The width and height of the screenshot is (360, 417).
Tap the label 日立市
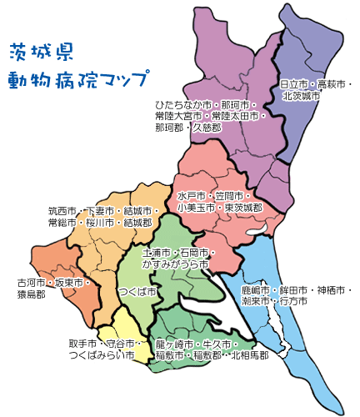coord(295,85)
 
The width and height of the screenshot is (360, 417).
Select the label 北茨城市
coord(301,96)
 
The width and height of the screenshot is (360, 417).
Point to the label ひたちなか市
coord(181,105)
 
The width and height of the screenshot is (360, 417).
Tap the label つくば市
coord(137,292)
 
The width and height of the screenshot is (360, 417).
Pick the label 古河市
coord(32,283)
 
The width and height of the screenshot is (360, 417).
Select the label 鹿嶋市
coord(256,289)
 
